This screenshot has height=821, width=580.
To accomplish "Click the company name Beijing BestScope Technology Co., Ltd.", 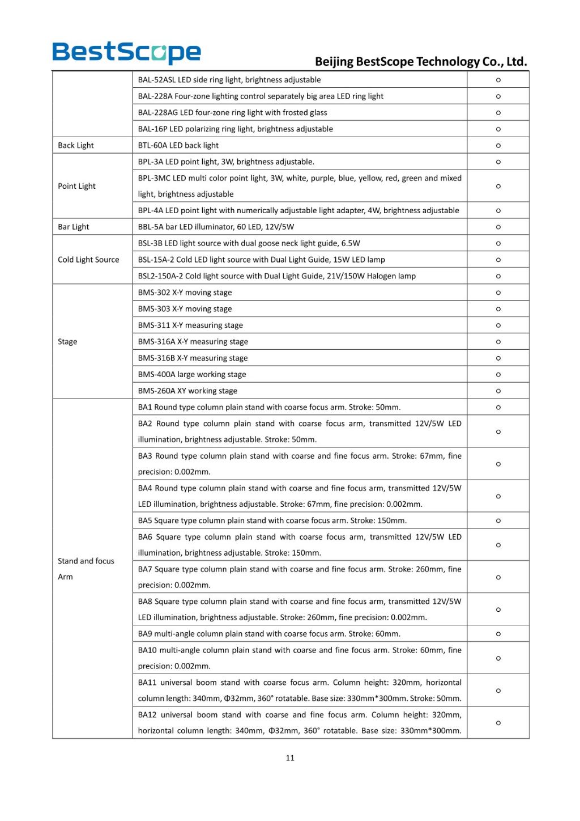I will click(x=421, y=61).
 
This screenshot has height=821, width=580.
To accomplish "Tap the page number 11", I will click(x=290, y=758).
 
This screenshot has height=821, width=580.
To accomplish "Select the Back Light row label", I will click(x=76, y=145).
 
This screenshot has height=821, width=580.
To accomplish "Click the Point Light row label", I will click(x=76, y=186).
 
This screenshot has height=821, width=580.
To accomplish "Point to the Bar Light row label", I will click(x=74, y=227).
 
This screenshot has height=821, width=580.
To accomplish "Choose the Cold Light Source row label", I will click(x=88, y=260).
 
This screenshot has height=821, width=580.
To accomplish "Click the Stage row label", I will click(x=67, y=341).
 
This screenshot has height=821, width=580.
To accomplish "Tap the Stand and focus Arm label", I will click(x=86, y=569).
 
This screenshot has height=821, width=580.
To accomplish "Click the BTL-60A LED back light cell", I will click(x=178, y=145).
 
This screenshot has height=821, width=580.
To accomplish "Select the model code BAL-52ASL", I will click(x=157, y=80).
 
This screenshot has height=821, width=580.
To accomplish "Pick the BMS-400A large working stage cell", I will click(x=192, y=374).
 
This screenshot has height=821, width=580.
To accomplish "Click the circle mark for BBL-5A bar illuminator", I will click(x=498, y=227).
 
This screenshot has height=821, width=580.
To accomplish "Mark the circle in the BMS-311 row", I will click(x=498, y=325).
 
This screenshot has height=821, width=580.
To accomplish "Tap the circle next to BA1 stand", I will click(x=498, y=407).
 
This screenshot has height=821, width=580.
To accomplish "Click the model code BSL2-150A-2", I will click(x=160, y=276).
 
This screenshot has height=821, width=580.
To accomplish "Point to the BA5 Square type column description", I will click(x=272, y=520).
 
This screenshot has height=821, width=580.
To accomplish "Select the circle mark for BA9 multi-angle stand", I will click(x=498, y=634).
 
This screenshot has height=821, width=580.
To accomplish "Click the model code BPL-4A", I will click(x=151, y=210).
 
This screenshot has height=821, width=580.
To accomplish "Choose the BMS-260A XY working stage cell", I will click(x=187, y=391).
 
